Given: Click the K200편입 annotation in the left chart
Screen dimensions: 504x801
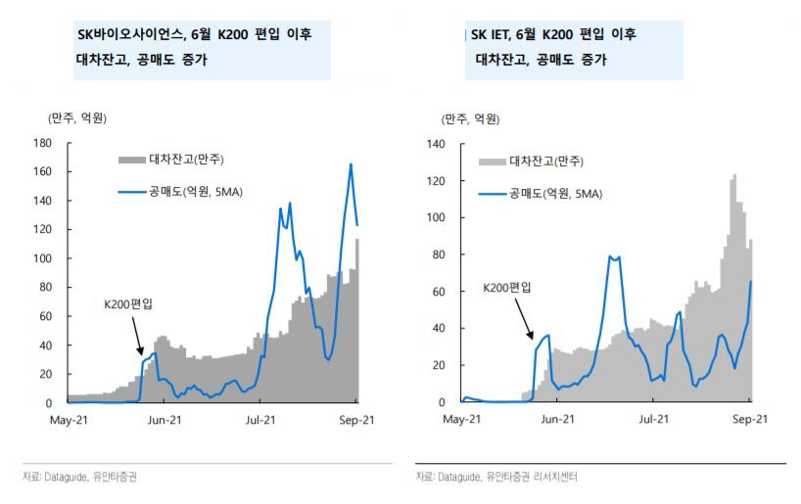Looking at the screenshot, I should pos(127,304).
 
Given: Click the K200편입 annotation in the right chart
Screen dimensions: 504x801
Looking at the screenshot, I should pos(507,289).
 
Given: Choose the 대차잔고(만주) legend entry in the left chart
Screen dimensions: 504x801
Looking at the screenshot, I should pos(171,160).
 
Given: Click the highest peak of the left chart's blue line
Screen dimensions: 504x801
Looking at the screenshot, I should pos(351,164).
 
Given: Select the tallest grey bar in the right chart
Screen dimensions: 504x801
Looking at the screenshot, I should pos(734,176).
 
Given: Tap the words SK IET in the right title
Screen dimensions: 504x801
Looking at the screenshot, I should pos(491,34).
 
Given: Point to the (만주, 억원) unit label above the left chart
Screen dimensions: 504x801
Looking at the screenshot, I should pos(77,118).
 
